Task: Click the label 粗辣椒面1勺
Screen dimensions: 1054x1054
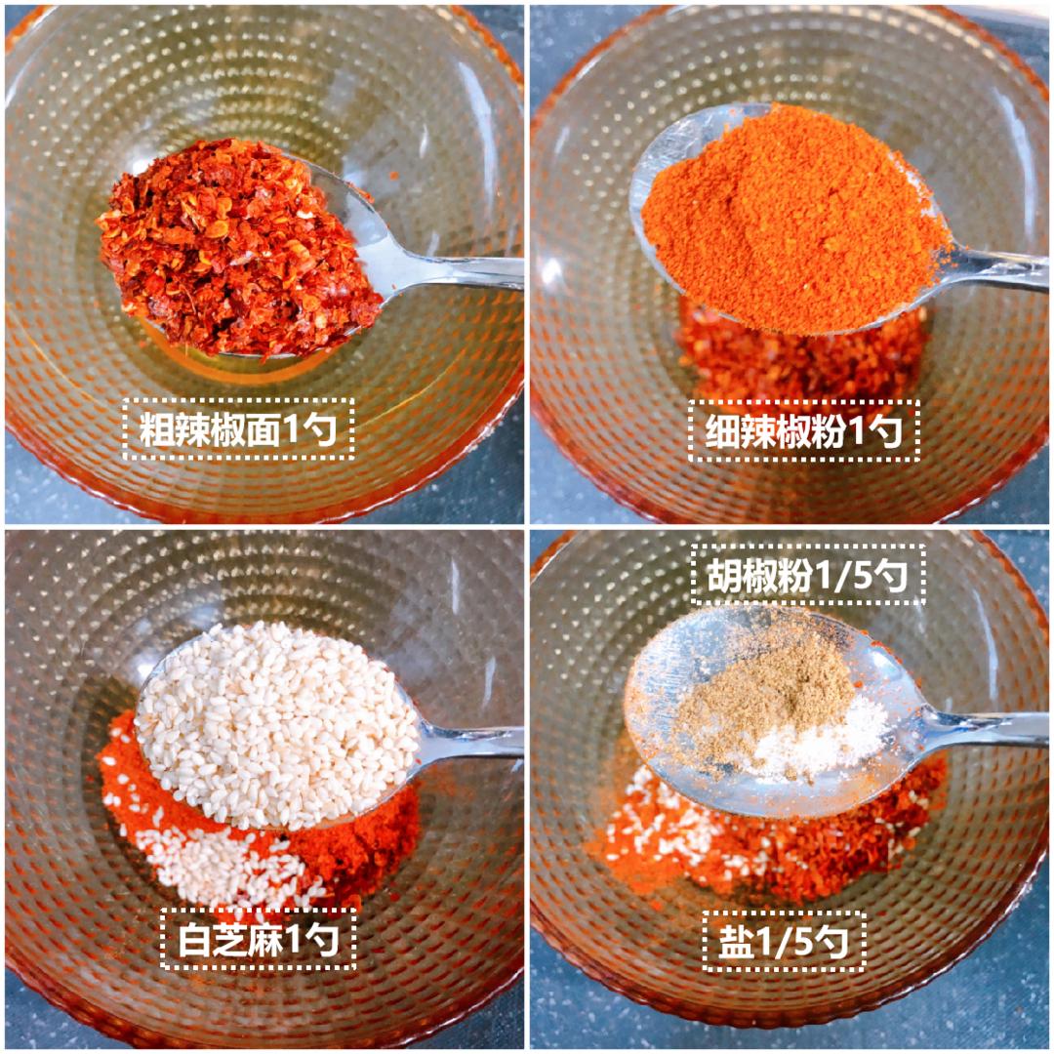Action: [x=238, y=428]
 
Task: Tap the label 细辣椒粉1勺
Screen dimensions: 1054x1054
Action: [x=804, y=430]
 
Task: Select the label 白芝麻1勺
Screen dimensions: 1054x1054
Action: [x=258, y=939]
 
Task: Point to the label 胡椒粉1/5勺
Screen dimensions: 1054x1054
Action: [x=808, y=576]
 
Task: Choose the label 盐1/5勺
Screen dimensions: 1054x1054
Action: [x=784, y=941]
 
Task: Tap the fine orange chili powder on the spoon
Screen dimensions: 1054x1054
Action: [x=793, y=215]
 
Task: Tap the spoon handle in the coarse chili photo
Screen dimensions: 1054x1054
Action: [x=457, y=269]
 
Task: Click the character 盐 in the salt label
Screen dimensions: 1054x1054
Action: [x=736, y=941]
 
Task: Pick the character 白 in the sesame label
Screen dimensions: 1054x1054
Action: [x=195, y=940]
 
